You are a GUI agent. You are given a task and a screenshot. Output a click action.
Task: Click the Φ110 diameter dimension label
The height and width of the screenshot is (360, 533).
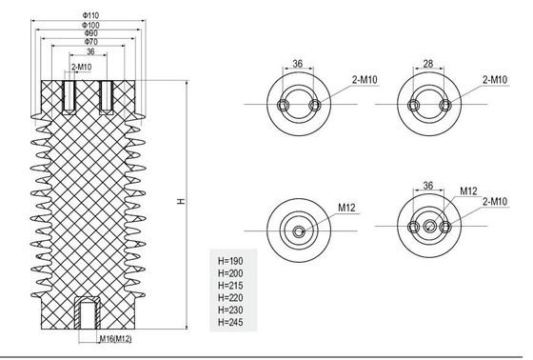pyautogui.click(x=90, y=15)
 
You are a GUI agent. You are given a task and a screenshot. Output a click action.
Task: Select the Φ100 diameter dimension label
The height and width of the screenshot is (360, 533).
pyautogui.click(x=90, y=25)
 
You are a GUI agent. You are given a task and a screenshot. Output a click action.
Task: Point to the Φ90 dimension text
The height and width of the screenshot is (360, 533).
pyautogui.click(x=91, y=33)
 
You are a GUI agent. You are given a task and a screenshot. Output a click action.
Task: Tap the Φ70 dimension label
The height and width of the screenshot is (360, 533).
pyautogui.click(x=91, y=42)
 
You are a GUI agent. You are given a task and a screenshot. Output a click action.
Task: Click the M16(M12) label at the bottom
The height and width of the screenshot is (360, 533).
pyautogui.click(x=115, y=339)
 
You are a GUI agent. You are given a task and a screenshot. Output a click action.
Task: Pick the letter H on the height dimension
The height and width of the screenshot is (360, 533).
pyautogui.click(x=181, y=202)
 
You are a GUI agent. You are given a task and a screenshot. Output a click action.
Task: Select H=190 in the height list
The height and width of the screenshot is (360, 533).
pyautogui.click(x=230, y=261)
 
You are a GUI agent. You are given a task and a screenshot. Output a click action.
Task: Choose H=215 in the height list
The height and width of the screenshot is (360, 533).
pyautogui.click(x=230, y=286)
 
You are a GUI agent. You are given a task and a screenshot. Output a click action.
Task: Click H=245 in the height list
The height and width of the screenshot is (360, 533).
pyautogui.click(x=230, y=322)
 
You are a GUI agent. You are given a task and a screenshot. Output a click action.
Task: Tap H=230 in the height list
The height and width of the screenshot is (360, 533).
pyautogui.click(x=230, y=310)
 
